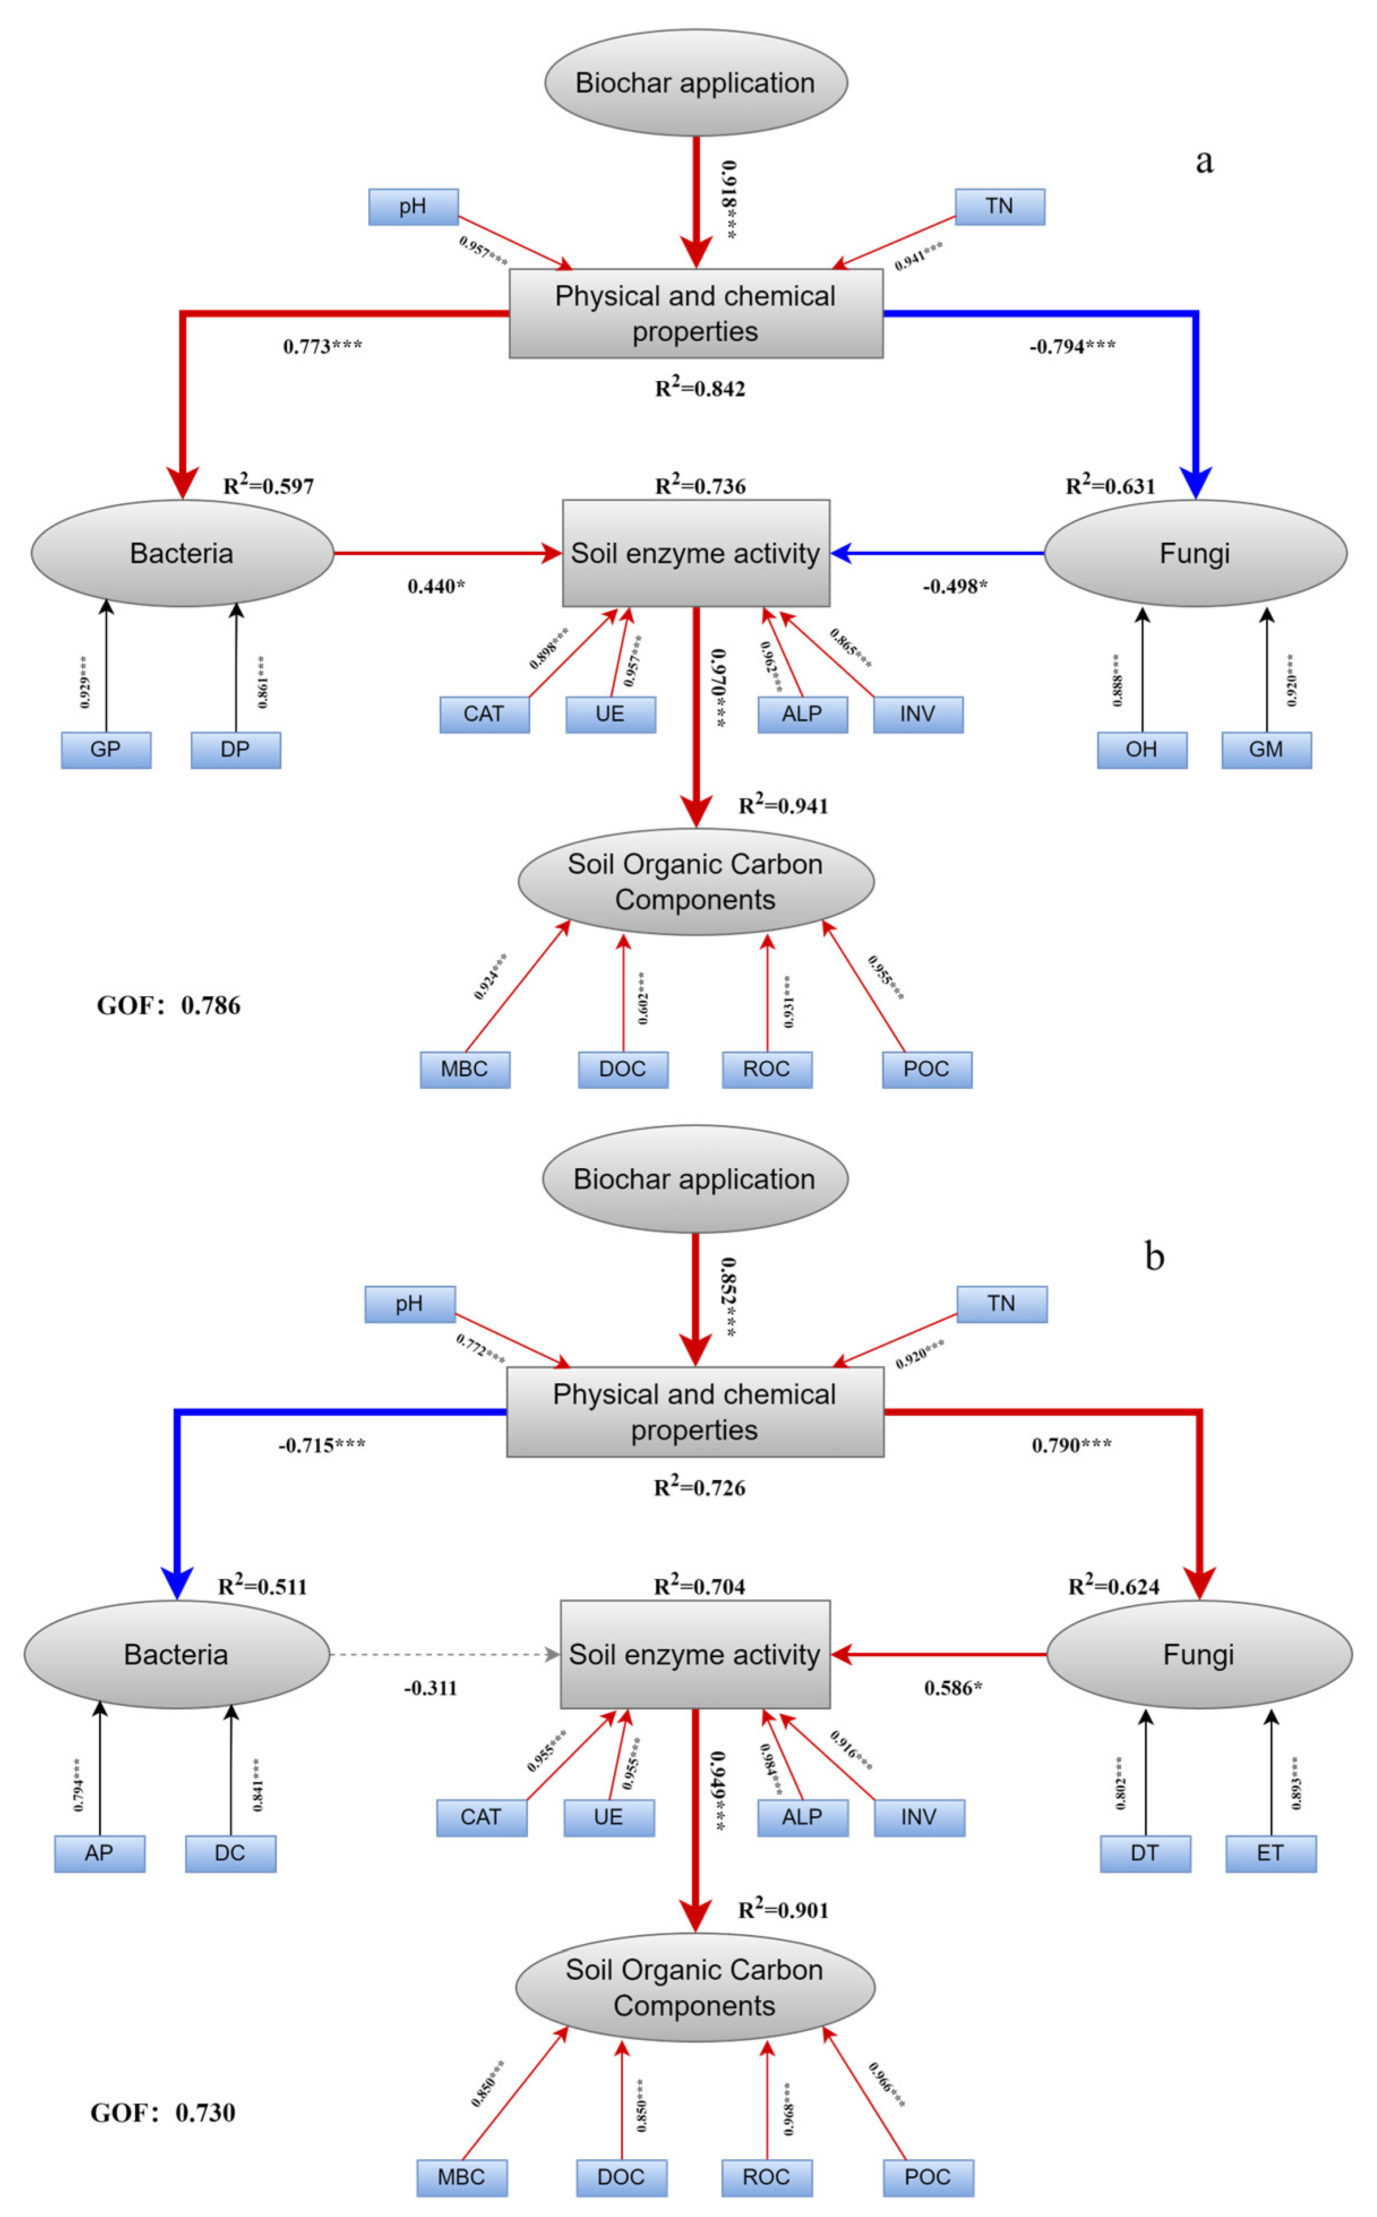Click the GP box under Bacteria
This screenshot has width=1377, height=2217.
click(x=106, y=749)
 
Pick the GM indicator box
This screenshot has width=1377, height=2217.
click(x=1266, y=749)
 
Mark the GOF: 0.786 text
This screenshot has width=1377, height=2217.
click(x=169, y=1006)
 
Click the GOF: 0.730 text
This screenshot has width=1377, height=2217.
click(x=163, y=2112)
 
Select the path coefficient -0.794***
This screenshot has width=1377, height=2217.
click(x=1072, y=346)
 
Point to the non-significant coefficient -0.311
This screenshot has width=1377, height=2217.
click(x=430, y=1688)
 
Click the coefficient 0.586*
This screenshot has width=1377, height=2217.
click(x=953, y=1688)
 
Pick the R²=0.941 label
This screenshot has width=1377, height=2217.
click(x=783, y=805)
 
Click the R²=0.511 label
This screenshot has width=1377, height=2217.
click(x=263, y=1586)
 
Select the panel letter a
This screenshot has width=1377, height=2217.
click(x=1204, y=160)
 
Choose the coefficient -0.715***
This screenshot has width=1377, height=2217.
click(x=321, y=1446)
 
